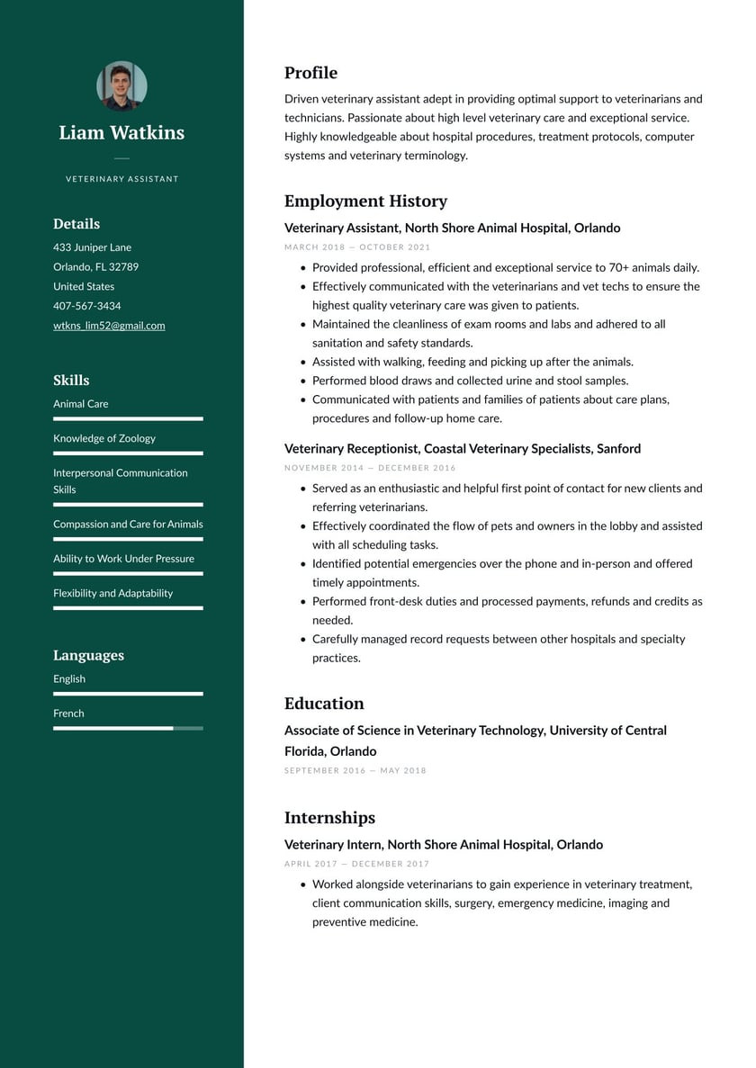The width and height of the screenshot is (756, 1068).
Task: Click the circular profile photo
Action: point(121,85)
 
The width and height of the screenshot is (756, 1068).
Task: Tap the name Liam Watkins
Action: point(121,133)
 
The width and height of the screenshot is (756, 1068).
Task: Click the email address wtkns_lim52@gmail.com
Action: point(109,326)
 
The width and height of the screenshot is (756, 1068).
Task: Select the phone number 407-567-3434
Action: point(86,306)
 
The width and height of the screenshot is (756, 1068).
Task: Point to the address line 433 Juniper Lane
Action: point(92,247)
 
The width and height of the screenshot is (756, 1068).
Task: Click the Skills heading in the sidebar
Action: point(71,380)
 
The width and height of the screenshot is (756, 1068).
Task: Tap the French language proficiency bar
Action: point(128,728)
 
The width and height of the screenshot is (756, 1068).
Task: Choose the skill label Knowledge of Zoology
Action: point(104,438)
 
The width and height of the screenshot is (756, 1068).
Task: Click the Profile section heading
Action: point(310,73)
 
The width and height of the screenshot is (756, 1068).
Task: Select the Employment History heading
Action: point(365,201)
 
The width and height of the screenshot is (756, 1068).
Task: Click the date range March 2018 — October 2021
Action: point(357,247)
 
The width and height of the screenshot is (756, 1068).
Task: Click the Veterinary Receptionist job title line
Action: point(463,448)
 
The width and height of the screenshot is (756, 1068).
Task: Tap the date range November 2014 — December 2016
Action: point(370,468)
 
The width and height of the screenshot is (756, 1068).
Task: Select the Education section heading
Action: point(324,704)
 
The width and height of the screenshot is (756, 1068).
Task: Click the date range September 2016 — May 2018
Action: point(355,771)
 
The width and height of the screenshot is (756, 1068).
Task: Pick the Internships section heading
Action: point(329,818)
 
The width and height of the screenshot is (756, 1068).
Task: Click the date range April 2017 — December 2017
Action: point(356,865)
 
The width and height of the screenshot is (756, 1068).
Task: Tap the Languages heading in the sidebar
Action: point(88,655)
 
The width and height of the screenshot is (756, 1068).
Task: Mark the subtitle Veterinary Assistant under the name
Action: point(121,179)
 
